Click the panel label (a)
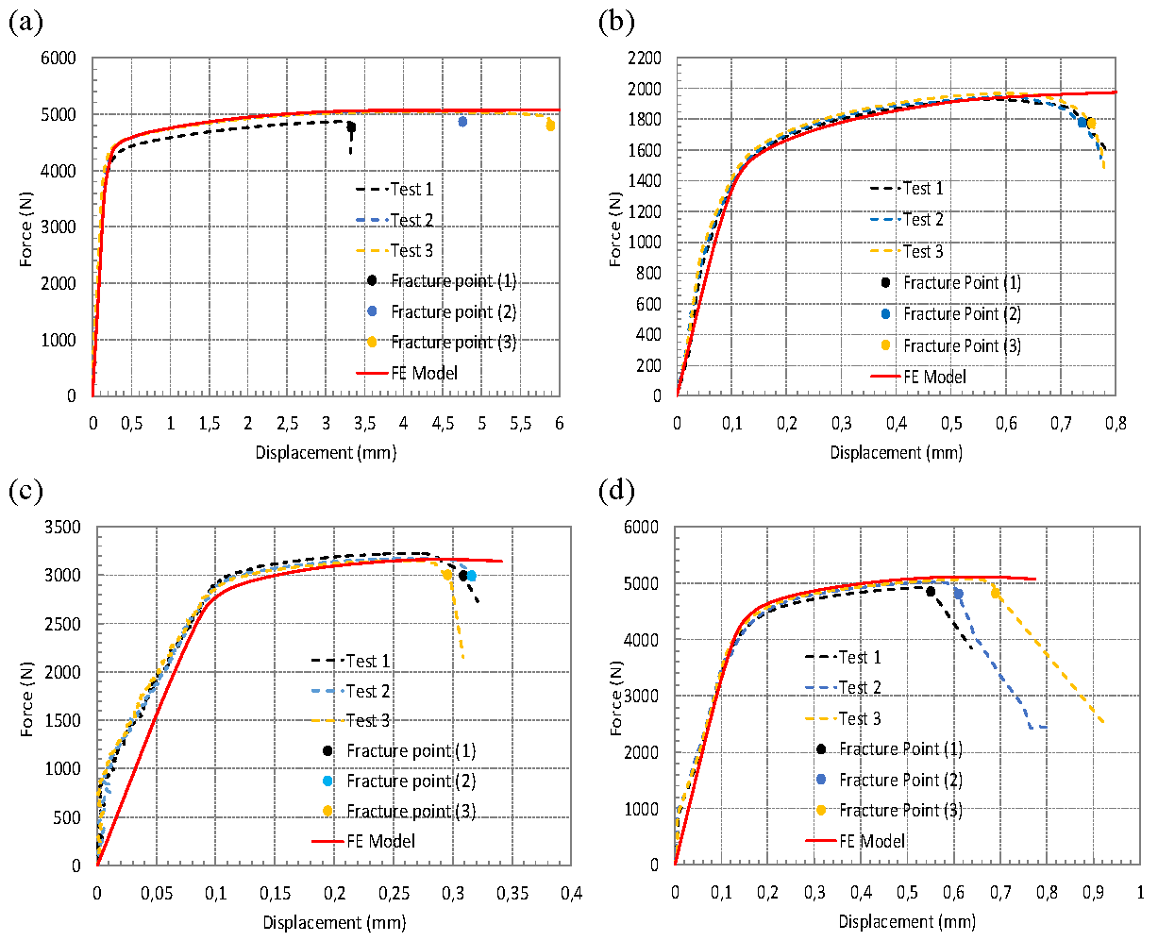coord(25,24)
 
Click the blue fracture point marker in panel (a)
coord(462,121)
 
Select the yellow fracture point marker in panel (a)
coord(550,126)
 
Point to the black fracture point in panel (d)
coord(931,592)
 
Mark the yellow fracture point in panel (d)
coord(996,594)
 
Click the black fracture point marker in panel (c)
coord(462,576)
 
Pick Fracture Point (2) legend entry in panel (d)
coord(900,780)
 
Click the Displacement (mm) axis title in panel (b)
coord(896,453)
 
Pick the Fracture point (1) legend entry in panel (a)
coord(453,281)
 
